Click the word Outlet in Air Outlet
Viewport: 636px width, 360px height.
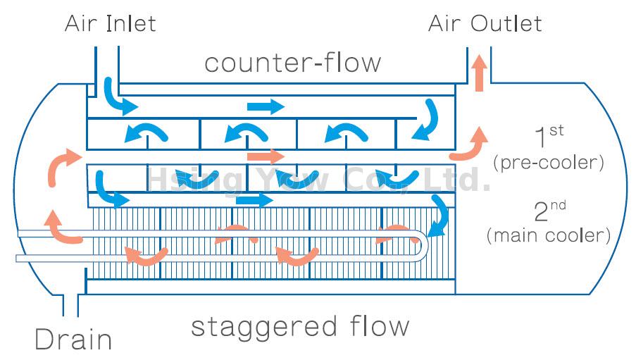point(506,23)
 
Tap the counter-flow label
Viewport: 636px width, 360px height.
point(292,63)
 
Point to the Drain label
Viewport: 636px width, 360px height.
point(73,340)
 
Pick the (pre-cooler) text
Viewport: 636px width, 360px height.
point(549,163)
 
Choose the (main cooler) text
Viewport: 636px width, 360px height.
point(549,235)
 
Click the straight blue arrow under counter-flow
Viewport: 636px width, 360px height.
point(266,107)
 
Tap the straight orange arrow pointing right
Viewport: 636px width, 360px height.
point(266,156)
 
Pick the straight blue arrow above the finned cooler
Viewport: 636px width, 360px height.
point(254,201)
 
